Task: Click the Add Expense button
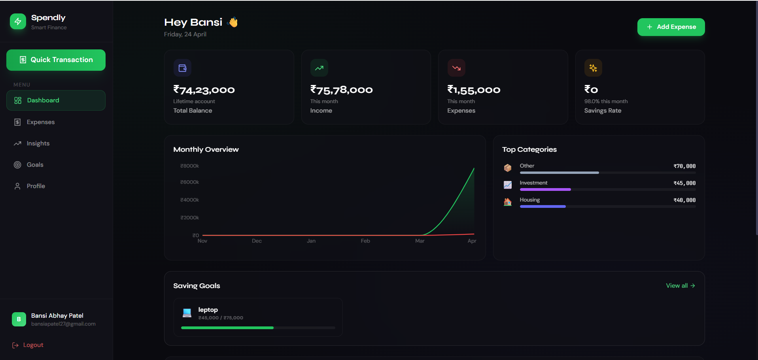click(671, 27)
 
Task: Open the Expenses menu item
click(40, 122)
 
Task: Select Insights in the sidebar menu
click(38, 143)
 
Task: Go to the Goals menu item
click(35, 165)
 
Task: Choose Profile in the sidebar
click(36, 186)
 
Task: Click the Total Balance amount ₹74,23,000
click(204, 90)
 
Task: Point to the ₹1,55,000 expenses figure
click(474, 90)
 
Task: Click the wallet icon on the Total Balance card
click(182, 68)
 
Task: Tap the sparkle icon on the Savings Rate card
click(593, 68)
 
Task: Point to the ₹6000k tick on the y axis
click(189, 182)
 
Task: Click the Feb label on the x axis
click(365, 241)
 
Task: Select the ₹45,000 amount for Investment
click(684, 183)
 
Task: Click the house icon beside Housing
click(508, 202)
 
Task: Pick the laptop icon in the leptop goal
click(187, 313)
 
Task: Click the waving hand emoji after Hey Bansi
click(233, 23)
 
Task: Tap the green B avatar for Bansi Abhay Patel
click(19, 319)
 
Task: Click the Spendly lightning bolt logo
click(18, 22)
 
